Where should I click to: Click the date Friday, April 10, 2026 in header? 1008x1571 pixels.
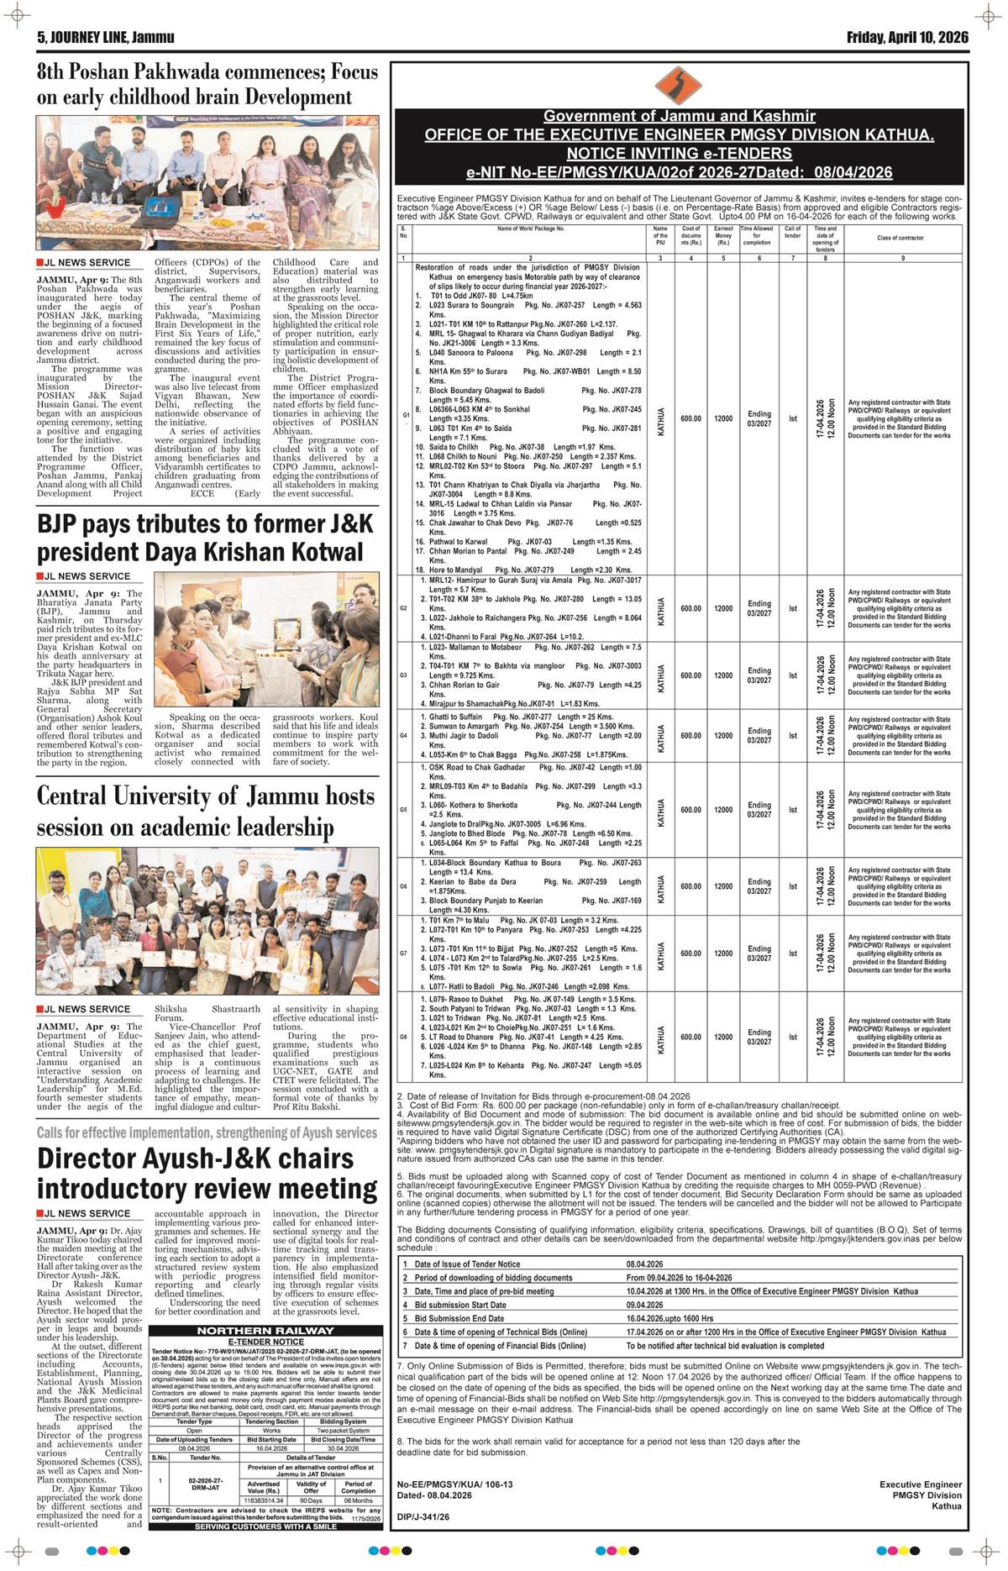click(x=906, y=38)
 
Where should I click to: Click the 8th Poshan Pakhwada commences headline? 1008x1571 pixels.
click(x=207, y=84)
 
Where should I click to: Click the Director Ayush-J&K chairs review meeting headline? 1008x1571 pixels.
click(x=207, y=1174)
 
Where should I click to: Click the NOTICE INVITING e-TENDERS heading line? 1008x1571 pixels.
click(x=679, y=153)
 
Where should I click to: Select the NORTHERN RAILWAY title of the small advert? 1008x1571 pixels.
click(x=265, y=1331)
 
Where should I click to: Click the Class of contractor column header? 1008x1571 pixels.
click(x=900, y=238)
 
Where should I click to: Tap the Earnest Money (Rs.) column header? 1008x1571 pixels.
click(x=723, y=238)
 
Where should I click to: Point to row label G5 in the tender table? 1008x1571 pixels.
click(x=404, y=810)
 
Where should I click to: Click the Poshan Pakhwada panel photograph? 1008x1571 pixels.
click(x=207, y=181)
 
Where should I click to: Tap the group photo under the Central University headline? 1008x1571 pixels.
click(x=207, y=922)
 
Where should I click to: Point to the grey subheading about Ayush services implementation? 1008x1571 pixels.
click(x=207, y=1133)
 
